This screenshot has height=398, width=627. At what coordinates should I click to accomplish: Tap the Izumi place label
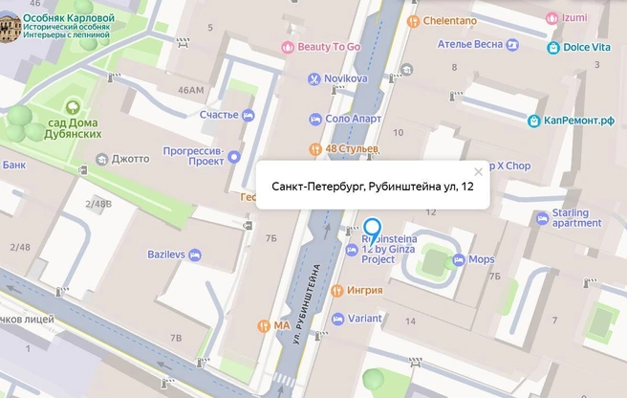pos(573,17)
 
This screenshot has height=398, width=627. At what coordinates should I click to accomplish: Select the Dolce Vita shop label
pos(586,47)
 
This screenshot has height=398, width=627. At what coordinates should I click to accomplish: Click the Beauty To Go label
pos(327,47)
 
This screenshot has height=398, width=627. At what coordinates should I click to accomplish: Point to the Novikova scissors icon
pos(313,78)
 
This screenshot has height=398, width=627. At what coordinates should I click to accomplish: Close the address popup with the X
pos(479,173)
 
